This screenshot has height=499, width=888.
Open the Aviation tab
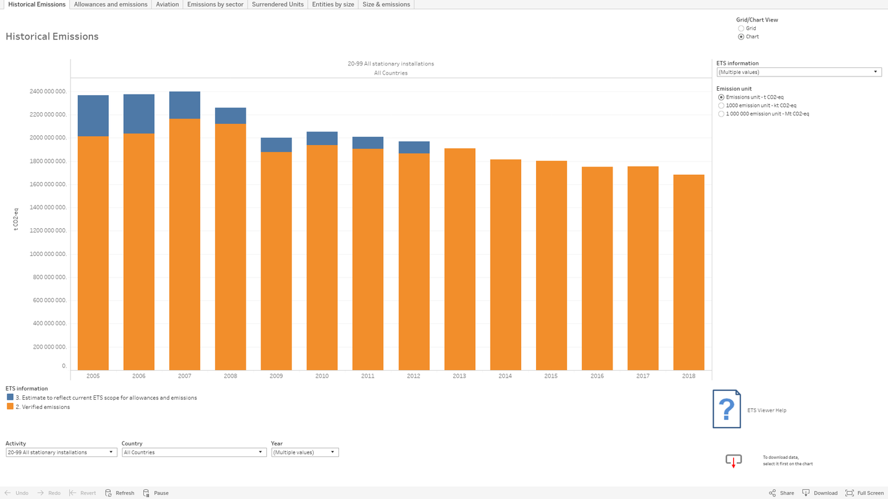167,5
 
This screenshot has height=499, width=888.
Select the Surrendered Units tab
277,5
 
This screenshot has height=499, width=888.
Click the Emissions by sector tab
215,5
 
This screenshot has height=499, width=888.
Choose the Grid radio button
741,29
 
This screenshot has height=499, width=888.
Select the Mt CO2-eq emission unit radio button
721,114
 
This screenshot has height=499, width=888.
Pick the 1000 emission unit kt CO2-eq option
721,106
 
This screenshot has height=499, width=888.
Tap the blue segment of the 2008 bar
230,115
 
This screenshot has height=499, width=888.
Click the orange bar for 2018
688,272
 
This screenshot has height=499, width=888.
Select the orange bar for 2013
460,259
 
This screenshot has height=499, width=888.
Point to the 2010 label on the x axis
322,376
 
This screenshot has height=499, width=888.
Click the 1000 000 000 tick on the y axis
48,254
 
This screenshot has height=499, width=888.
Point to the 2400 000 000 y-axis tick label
48,91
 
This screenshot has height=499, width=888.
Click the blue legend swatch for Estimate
10,397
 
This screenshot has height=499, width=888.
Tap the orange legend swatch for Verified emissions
10,406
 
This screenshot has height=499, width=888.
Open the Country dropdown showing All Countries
194,452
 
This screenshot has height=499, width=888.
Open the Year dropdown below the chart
305,452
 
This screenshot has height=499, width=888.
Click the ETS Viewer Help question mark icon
727,409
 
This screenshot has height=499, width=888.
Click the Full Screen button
865,493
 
